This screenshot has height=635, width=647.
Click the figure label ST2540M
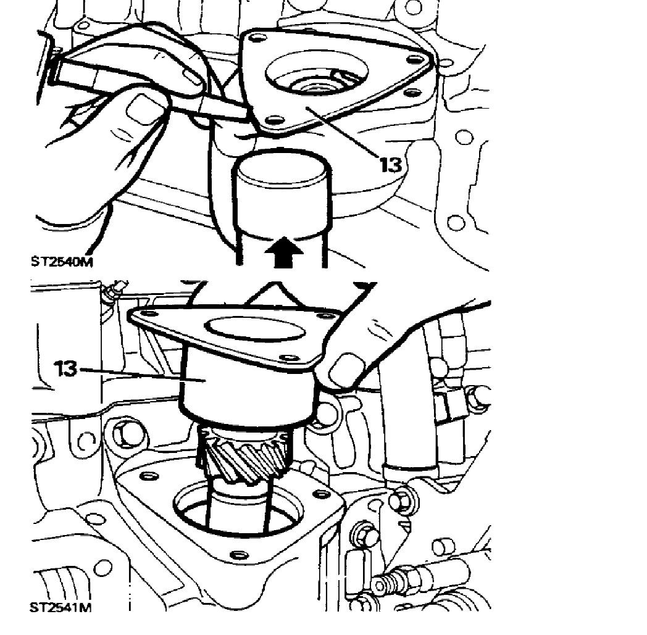click(62, 262)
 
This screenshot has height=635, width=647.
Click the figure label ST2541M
click(61, 607)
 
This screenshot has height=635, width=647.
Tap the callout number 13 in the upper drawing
click(390, 165)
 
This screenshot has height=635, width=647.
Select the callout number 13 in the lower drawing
click(65, 368)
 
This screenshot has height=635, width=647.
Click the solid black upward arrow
click(284, 252)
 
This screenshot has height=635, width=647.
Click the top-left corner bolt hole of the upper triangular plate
click(258, 38)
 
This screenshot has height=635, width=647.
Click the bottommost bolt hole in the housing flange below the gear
click(237, 555)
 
